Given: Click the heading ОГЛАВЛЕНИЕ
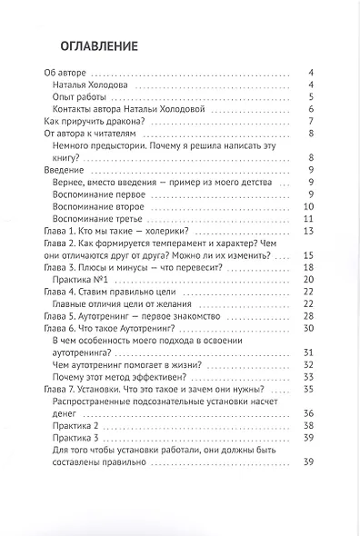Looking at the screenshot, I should [x=99, y=45].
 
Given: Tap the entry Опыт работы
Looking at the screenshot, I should [x=80, y=97].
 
